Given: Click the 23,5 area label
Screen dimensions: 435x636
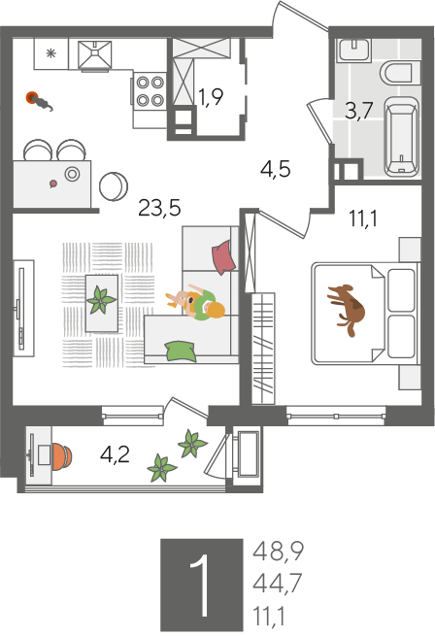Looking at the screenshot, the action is click(159, 208).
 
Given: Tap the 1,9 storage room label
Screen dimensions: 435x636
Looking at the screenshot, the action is click(211, 97).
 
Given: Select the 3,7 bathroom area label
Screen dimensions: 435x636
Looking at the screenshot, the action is click(358, 111).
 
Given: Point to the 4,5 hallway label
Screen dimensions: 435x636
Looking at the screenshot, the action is click(275, 169).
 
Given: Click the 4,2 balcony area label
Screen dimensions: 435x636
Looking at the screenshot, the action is click(115, 454).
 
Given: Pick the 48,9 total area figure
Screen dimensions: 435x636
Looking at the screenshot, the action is click(278, 552).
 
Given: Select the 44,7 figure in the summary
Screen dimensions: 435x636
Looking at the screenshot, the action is click(278, 583).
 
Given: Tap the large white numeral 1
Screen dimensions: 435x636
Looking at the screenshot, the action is click(201, 585).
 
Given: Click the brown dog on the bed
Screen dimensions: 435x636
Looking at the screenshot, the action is click(347, 309).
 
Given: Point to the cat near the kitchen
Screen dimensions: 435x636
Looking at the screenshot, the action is click(40, 101).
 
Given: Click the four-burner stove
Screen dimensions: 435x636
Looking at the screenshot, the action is click(150, 91).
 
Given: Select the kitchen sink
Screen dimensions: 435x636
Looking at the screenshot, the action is click(94, 54).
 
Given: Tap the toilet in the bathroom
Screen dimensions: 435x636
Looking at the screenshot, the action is click(400, 74).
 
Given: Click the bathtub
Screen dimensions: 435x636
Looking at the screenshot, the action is click(401, 137).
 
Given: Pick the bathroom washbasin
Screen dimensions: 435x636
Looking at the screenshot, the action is click(353, 50).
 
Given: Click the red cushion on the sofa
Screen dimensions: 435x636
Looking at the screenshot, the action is click(223, 256).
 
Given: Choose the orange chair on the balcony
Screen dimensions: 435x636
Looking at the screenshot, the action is click(62, 456).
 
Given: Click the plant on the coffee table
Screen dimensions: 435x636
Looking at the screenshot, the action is click(101, 300).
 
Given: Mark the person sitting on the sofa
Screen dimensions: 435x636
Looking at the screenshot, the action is click(195, 303).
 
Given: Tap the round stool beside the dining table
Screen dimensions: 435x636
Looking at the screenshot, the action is click(114, 186).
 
